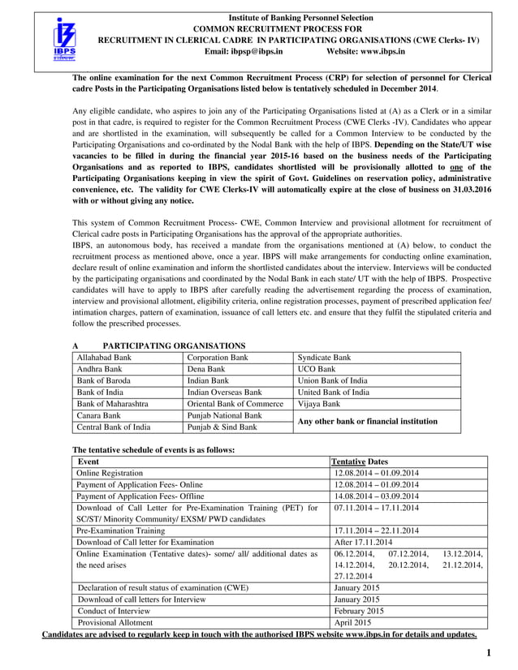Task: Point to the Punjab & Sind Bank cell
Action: click(x=222, y=427)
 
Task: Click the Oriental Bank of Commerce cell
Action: click(x=235, y=403)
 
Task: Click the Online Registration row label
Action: click(x=110, y=473)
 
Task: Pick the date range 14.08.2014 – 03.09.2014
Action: click(x=377, y=496)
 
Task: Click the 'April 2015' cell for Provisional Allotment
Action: click(x=354, y=622)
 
